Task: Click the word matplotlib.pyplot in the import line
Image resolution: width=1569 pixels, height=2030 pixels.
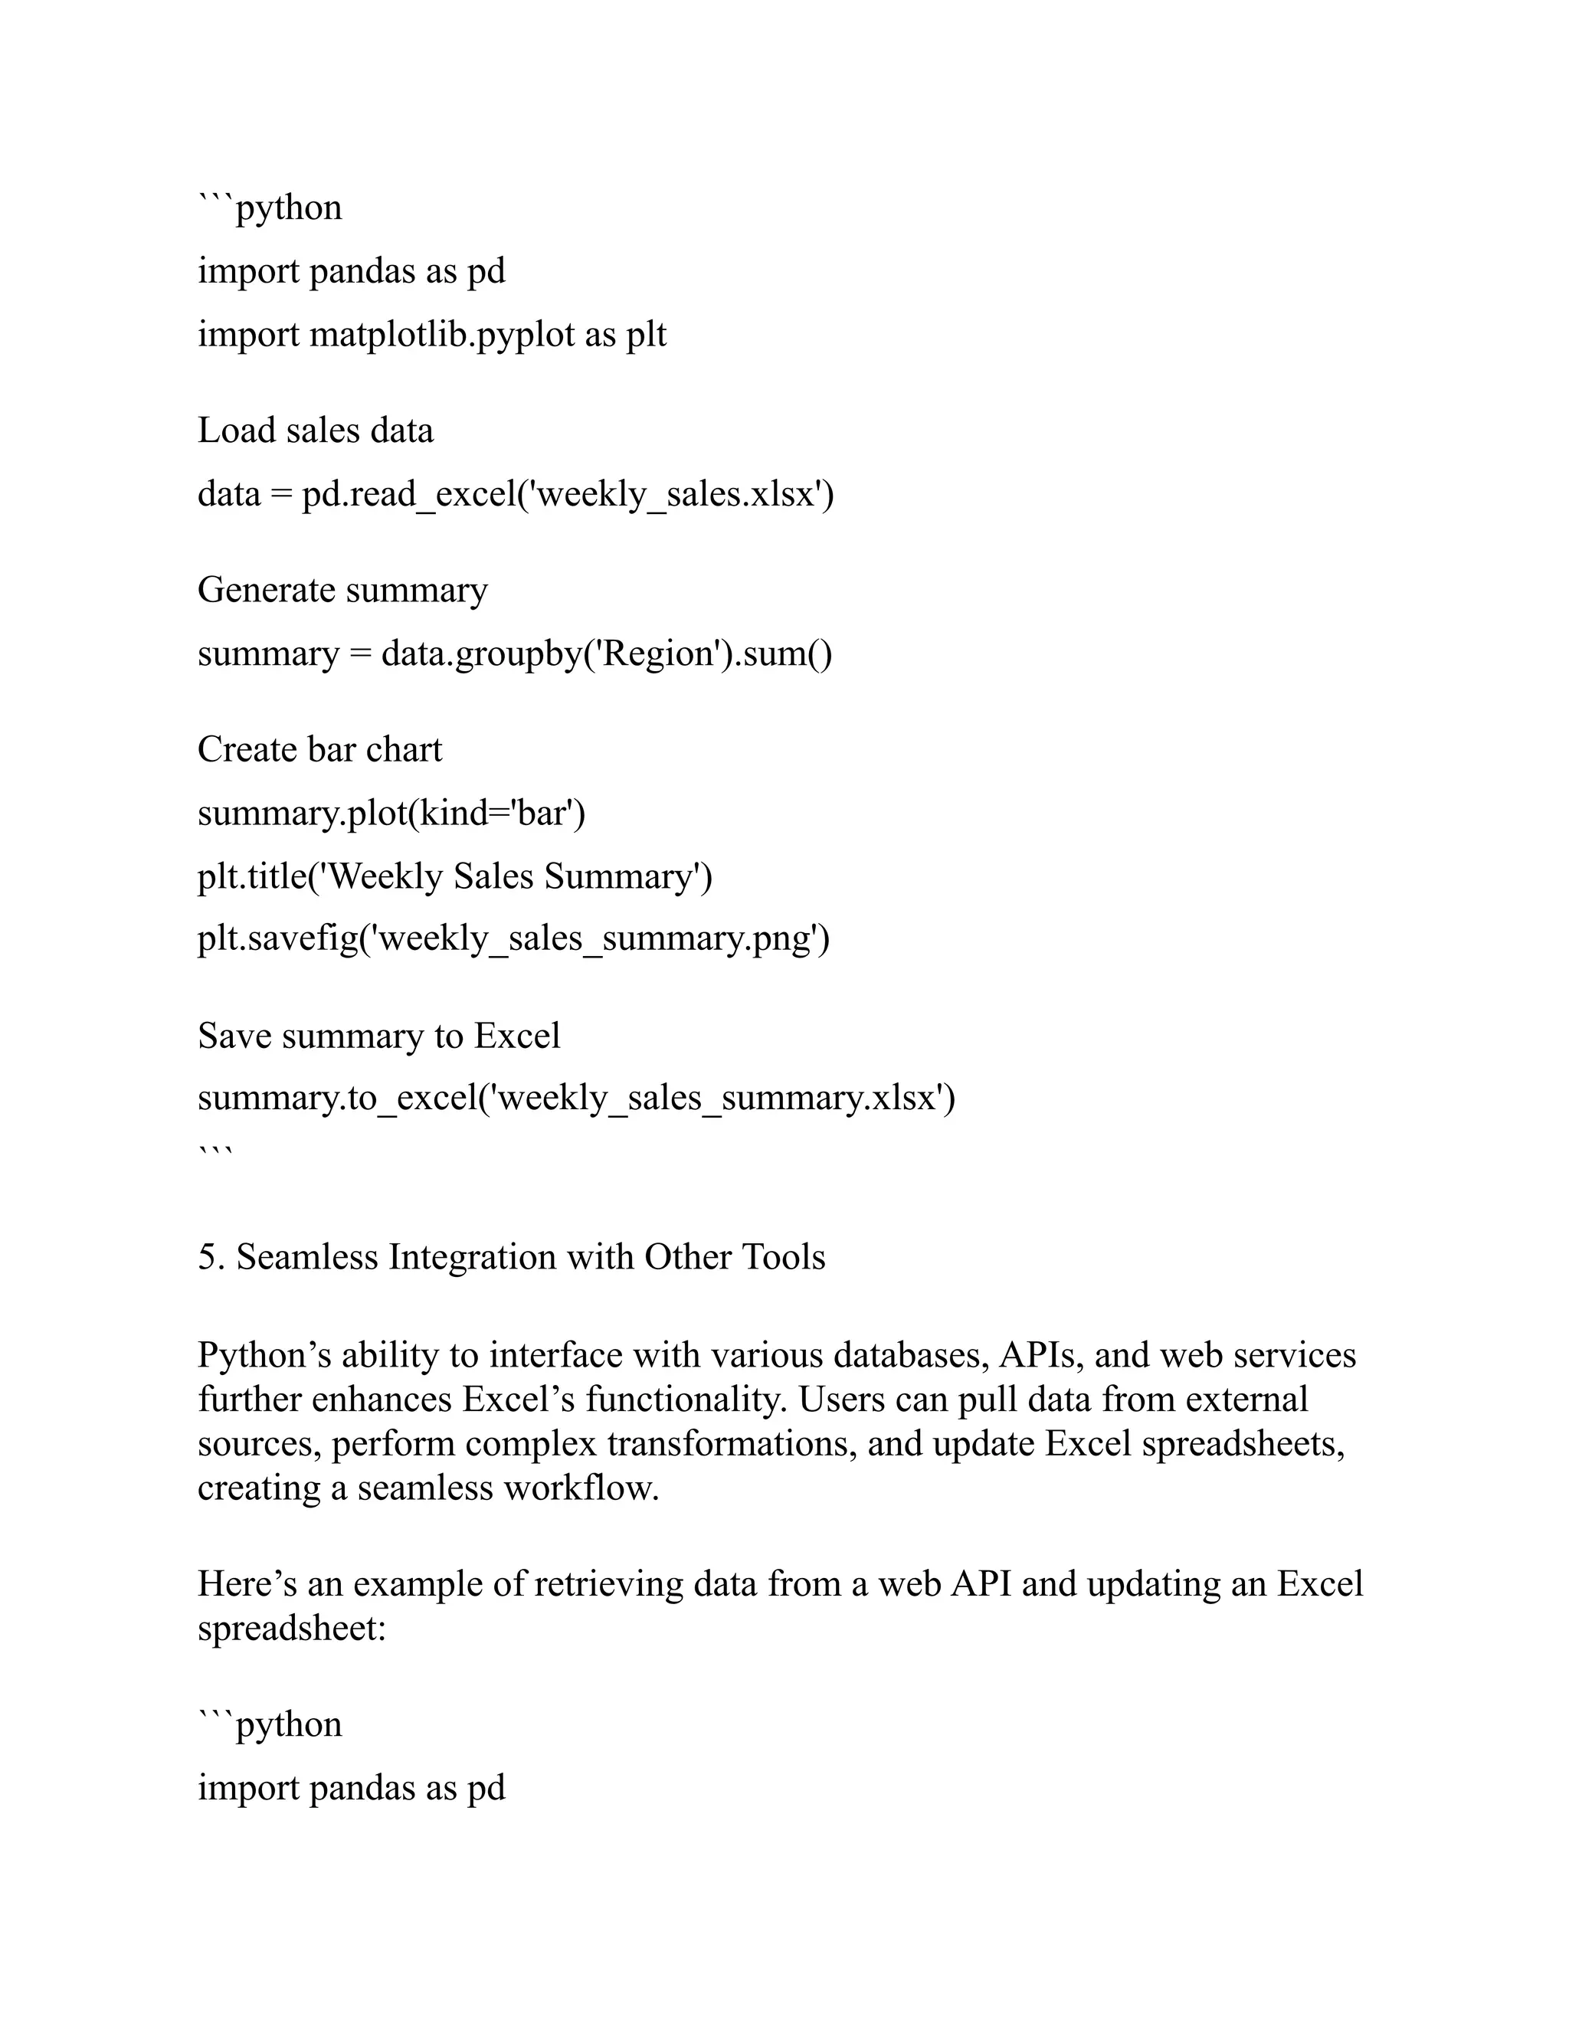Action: click(441, 336)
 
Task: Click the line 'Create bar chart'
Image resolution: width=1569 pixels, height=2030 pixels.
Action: click(319, 750)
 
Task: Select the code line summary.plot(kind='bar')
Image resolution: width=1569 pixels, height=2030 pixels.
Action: click(391, 814)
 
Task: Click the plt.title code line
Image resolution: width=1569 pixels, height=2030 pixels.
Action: click(454, 877)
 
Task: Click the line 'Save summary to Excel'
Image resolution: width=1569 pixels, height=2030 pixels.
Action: click(378, 1036)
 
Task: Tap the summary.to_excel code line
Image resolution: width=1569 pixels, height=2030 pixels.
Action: click(576, 1098)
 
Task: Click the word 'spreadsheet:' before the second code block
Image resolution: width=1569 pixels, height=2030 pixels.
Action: click(291, 1629)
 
